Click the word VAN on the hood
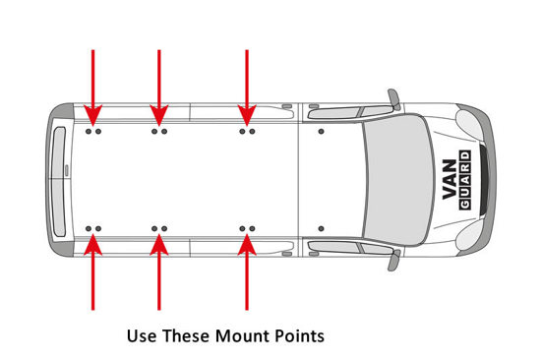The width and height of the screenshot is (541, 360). click(x=451, y=179)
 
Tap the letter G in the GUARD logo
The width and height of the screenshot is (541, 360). click(x=464, y=204)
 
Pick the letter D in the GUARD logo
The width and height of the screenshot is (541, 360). click(x=464, y=155)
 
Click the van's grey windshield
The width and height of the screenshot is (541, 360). click(x=397, y=179)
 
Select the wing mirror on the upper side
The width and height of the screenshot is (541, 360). click(x=394, y=99)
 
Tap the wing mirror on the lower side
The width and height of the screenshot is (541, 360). click(x=394, y=261)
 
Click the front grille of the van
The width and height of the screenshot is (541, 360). click(x=483, y=179)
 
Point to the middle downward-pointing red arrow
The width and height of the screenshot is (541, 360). click(x=159, y=88)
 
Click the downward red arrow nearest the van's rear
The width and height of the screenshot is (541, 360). click(x=92, y=88)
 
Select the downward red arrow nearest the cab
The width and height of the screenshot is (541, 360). click(x=247, y=88)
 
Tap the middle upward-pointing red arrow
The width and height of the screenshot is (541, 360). click(x=159, y=272)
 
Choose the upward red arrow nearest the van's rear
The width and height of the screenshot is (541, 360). click(x=92, y=272)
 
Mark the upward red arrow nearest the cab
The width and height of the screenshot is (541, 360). click(x=247, y=272)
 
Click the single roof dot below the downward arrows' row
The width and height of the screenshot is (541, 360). click(x=322, y=132)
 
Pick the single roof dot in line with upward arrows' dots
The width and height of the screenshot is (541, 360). click(x=322, y=229)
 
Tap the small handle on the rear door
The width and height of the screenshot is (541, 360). click(x=67, y=170)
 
